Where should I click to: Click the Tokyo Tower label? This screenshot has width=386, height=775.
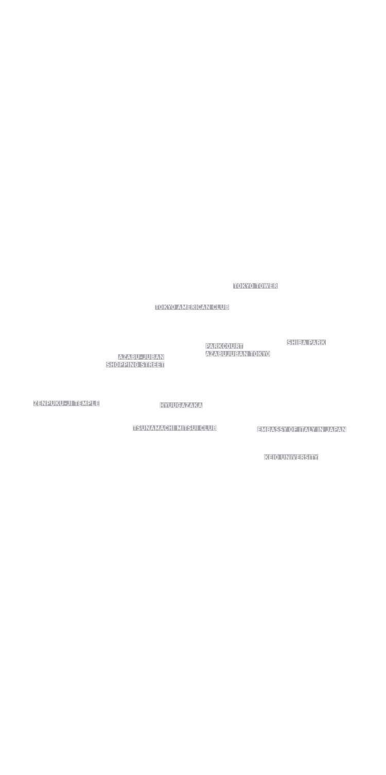255,286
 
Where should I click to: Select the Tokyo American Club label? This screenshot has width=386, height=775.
192,307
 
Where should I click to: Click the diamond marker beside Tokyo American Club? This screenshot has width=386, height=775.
232,311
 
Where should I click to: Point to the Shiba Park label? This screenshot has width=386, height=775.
306,343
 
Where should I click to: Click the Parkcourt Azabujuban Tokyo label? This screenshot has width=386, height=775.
237,350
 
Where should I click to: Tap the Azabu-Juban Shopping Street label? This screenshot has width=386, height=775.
135,361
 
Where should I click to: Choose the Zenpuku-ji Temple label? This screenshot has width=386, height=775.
66,403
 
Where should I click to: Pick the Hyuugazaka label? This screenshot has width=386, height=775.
181,406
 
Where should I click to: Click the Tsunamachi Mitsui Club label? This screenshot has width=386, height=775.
175,428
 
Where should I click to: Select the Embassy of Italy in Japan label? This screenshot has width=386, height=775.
302,430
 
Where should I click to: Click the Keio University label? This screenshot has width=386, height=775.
291,457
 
